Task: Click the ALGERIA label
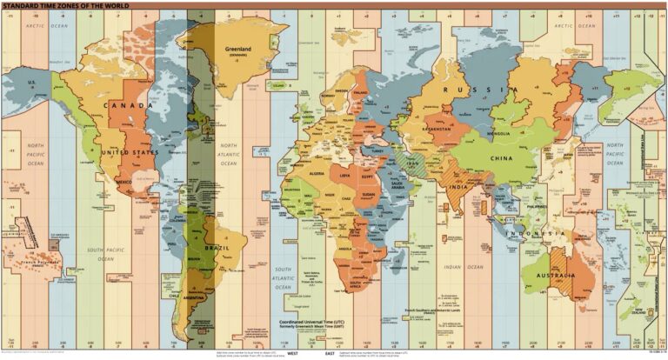point(311,174)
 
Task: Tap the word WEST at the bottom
point(293,354)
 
